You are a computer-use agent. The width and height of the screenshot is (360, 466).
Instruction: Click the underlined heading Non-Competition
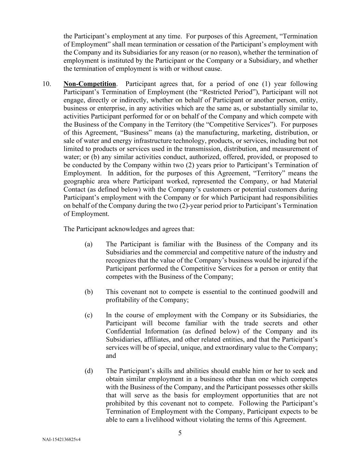click(x=90, y=84)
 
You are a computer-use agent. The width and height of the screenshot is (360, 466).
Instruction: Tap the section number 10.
click(x=47, y=84)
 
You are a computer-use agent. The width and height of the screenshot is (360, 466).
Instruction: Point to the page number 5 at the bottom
click(x=180, y=433)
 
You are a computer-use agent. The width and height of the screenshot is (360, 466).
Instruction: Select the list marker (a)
click(x=89, y=244)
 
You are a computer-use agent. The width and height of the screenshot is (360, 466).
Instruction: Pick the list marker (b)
click(x=89, y=292)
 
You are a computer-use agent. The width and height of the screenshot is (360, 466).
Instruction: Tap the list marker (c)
click(x=89, y=315)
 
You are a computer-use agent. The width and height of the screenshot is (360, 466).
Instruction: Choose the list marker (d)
click(x=89, y=371)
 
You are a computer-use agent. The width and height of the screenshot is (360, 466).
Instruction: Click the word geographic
click(x=80, y=182)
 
